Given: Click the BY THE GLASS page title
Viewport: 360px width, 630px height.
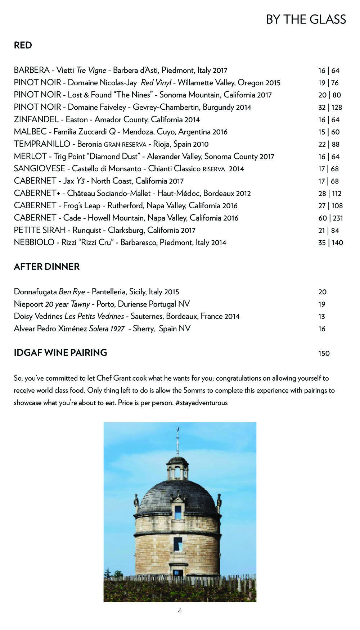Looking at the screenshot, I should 306,19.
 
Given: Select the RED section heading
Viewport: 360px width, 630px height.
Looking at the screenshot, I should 23,45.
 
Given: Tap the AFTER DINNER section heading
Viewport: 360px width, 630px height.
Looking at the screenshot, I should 46,267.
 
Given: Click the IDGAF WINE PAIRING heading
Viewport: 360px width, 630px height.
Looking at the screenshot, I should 60,353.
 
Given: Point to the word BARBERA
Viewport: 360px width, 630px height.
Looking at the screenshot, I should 32,70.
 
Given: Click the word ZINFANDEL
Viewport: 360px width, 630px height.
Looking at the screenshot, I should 36,119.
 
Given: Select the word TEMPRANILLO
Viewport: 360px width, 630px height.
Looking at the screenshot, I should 42,144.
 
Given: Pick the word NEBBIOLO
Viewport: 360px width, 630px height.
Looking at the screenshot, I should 34,243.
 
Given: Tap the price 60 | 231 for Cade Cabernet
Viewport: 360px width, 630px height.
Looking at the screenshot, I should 330,218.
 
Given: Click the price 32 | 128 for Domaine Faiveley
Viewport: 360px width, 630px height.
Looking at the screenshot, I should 330,107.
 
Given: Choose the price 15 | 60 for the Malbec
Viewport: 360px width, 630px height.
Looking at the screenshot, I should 329,132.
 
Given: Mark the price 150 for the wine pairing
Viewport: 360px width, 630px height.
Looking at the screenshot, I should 324,353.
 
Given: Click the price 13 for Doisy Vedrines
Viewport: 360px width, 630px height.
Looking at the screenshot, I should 321,317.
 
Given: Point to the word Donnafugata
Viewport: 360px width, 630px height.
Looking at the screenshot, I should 35,292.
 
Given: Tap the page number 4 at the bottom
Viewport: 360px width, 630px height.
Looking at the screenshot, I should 180,611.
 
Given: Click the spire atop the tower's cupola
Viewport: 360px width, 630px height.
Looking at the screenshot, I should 177,441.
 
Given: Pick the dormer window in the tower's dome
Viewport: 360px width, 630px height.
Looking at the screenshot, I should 178,512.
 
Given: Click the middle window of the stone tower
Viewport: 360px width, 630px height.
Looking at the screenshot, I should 178,544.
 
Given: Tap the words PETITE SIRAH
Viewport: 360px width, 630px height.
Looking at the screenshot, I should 40,230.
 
